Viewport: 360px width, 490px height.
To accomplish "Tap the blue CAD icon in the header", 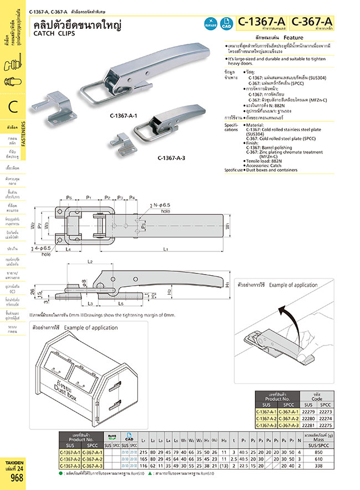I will coord(226,23).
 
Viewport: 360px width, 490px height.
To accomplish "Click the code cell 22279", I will coord(308,411).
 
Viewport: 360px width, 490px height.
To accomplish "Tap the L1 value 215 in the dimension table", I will coord(144,452).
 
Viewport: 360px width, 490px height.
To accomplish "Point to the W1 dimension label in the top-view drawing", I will coord(227,225).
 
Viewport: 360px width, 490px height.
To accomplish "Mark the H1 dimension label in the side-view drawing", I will coord(228,285).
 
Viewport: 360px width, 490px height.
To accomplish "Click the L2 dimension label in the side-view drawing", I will coord(90,261).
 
